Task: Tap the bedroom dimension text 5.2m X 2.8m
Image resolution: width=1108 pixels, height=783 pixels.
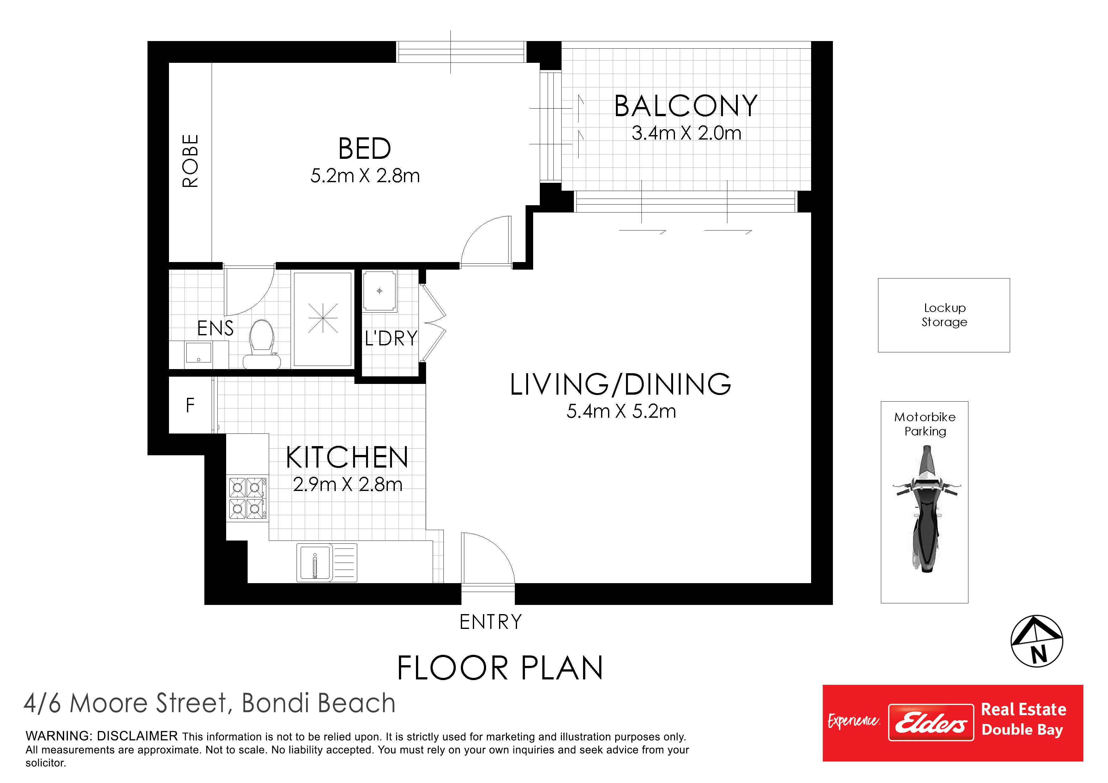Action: coord(365,176)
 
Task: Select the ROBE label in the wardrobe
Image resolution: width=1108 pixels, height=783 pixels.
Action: coord(190,161)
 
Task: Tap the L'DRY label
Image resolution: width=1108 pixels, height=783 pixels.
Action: coord(391,338)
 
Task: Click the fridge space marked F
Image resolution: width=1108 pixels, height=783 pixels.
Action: coord(190,405)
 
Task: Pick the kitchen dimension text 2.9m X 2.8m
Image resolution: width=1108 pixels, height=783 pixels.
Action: coord(347,484)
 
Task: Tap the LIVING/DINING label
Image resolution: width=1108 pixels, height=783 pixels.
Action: coord(621,385)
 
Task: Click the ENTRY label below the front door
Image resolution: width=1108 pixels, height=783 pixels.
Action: coord(490,622)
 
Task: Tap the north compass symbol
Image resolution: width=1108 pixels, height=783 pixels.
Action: coord(1037,641)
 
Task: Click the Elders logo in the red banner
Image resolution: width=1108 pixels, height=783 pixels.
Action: coord(931,722)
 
